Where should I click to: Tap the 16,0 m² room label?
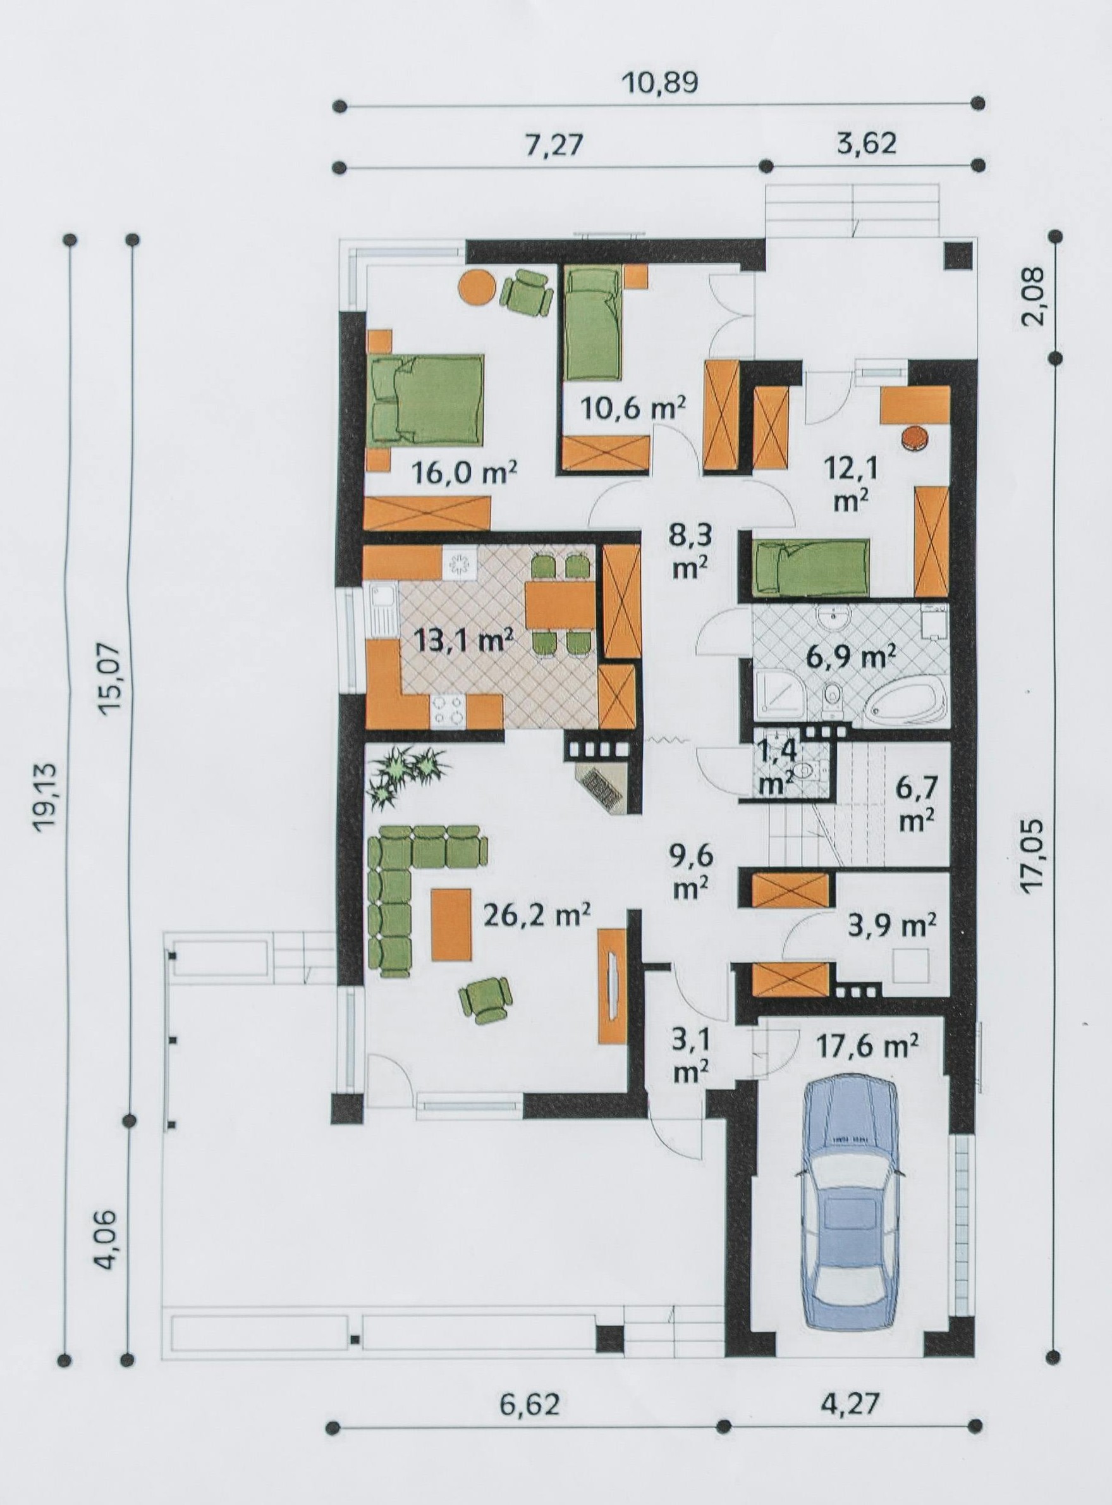point(465,474)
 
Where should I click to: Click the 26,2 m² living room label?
point(537,916)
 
